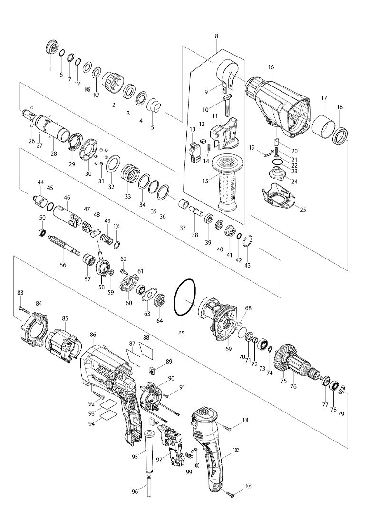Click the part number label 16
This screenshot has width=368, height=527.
tap(271, 67)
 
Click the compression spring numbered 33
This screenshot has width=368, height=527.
tap(130, 173)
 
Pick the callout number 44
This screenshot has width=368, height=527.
tap(41, 182)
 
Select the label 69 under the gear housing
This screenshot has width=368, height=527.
tap(228, 349)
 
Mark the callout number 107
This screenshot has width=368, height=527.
tap(97, 95)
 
